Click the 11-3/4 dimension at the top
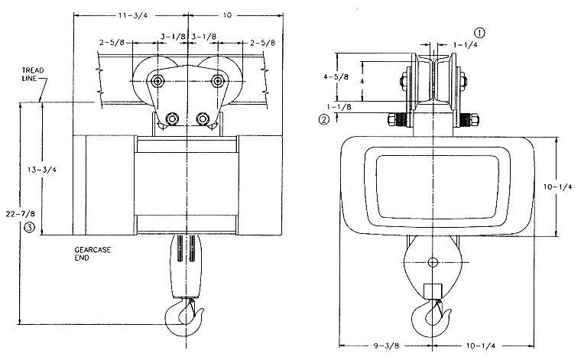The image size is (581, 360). pyautogui.click(x=133, y=15)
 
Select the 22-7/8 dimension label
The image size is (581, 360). pyautogui.click(x=21, y=214)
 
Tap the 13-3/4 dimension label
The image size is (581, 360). pyautogui.click(x=42, y=170)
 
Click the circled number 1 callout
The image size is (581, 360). pyautogui.click(x=480, y=33)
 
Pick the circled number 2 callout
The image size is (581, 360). pyautogui.click(x=324, y=119)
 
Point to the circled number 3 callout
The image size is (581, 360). pyautogui.click(x=29, y=227)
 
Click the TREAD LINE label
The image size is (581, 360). pyautogui.click(x=33, y=74)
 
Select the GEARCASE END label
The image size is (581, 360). pyautogui.click(x=93, y=254)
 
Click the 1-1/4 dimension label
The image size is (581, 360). pyautogui.click(x=466, y=45)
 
